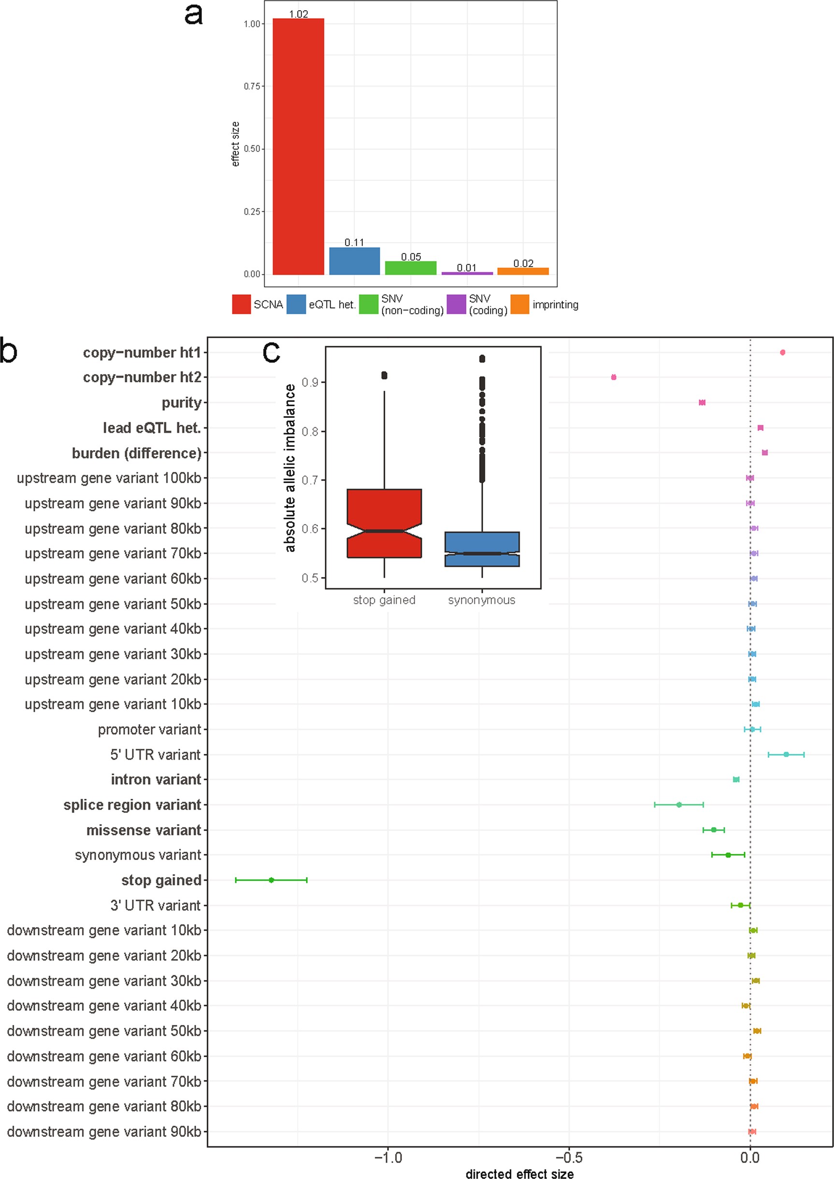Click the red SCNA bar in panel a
click(298, 146)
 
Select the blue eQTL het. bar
click(354, 261)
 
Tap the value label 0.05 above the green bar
click(411, 257)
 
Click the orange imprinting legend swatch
click(520, 304)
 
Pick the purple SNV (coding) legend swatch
click(456, 304)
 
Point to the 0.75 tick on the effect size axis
click(252, 86)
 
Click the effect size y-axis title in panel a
click(235, 144)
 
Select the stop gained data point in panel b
click(272, 880)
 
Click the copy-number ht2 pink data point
click(614, 377)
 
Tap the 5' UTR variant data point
click(786, 754)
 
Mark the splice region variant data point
click(679, 805)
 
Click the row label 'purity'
click(181, 403)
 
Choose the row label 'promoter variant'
click(149, 730)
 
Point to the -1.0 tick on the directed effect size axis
click(388, 1157)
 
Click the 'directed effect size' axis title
click(519, 1173)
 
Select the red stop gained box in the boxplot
click(384, 523)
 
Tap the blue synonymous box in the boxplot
click(482, 549)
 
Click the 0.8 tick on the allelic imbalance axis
click(310, 431)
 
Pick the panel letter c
click(271, 352)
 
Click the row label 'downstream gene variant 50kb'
click(104, 1031)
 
